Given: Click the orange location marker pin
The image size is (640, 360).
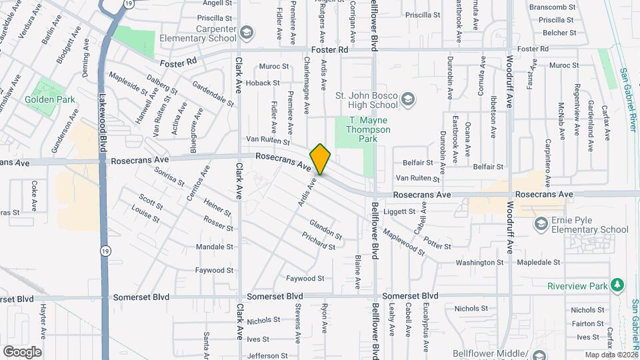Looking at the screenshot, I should coord(320,159).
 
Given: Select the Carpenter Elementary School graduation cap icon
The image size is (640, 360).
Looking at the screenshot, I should coord(247,33).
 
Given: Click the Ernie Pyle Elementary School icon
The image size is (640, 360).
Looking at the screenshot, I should coord(541,225).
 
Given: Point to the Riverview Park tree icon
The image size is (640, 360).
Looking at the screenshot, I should coord(618,285).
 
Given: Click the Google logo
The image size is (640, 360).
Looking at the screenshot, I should coord(22,351).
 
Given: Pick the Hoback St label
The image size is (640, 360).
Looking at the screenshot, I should coord(262,83).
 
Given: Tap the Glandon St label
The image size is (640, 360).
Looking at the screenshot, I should coord(325,231).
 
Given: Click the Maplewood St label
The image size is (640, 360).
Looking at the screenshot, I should coord(403,243).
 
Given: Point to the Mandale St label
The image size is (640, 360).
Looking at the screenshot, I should coord(215,247).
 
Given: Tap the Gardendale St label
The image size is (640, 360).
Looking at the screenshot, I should coord(213,95).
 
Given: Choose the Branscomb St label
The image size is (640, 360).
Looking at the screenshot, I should coord(551,7).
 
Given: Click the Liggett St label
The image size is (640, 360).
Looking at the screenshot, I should coord(400,212).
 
